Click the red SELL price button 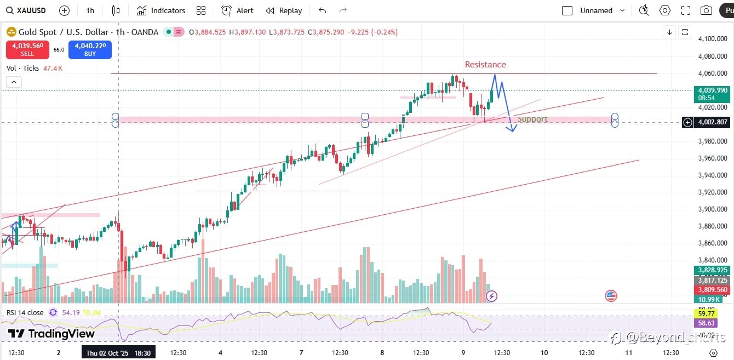[27, 50]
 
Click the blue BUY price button [90, 50]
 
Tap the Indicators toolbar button [161, 10]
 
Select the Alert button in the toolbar [238, 10]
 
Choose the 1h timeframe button [90, 10]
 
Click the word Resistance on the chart [485, 65]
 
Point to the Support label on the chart [532, 119]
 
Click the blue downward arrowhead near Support [512, 129]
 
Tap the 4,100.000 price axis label [712, 39]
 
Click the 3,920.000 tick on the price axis [712, 192]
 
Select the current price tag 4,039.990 [712, 90]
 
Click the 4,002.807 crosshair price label [712, 122]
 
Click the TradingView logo [51, 334]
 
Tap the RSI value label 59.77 [706, 313]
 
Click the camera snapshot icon [707, 10]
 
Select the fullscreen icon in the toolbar [686, 10]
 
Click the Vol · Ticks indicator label [22, 68]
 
